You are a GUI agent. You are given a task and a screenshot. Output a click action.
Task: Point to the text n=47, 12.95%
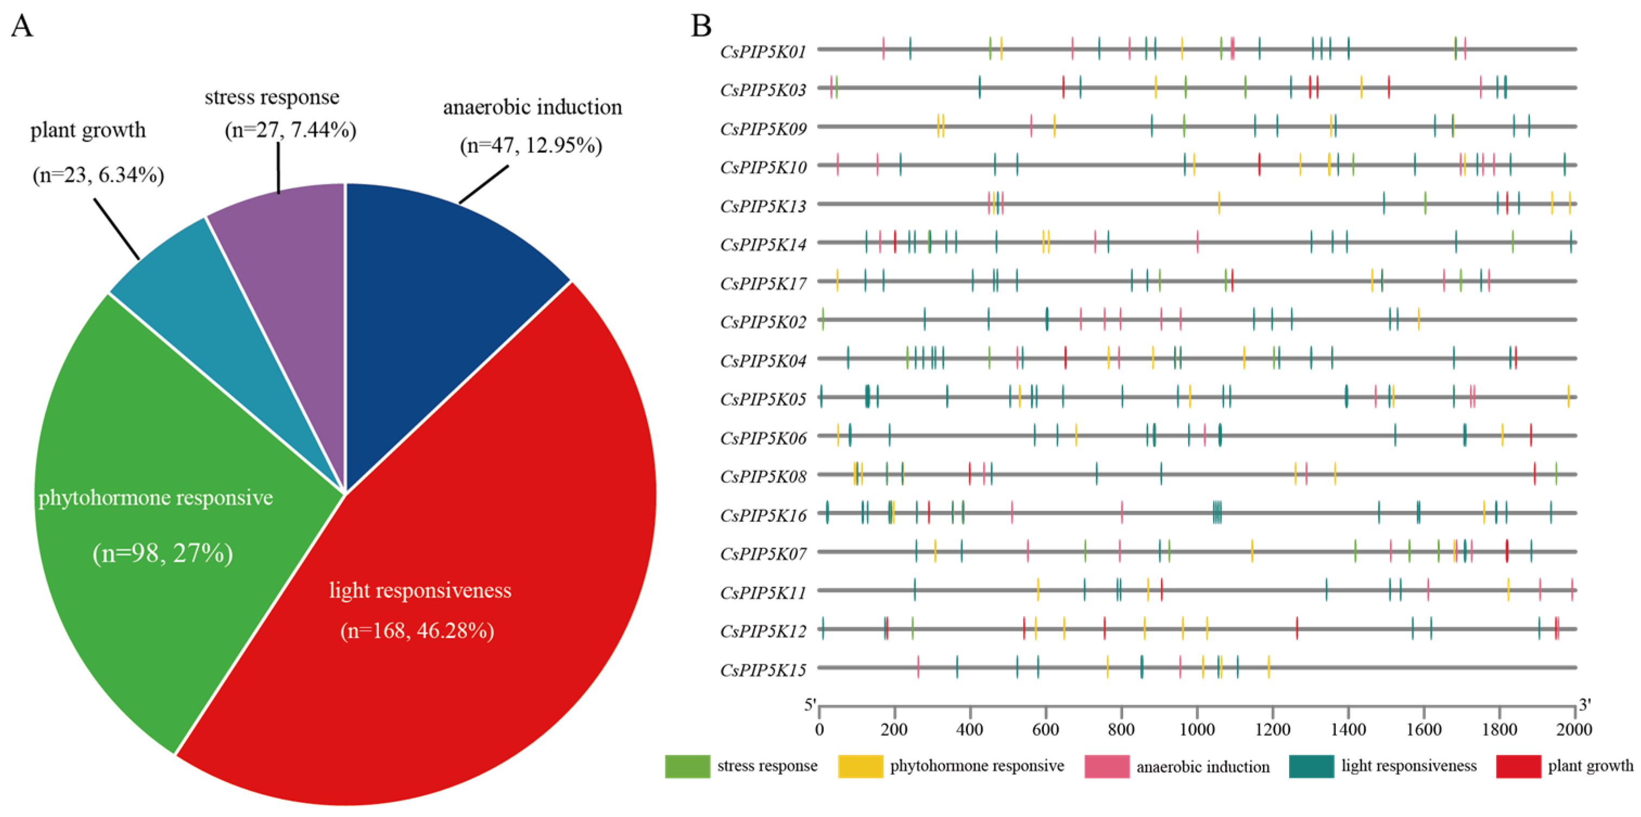[x=531, y=146]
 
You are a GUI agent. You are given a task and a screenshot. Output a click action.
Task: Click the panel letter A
[x=22, y=27]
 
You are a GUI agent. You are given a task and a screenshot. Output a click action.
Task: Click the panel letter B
[x=701, y=27]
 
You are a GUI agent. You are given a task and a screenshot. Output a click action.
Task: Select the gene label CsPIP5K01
[x=763, y=52]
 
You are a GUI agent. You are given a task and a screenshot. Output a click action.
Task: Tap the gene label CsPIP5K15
[x=763, y=670]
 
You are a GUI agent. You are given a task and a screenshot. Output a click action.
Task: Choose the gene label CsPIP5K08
[x=763, y=477]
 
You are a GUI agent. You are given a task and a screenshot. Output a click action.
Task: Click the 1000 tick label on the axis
[x=1197, y=729]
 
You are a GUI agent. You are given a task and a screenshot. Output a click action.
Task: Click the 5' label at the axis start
[x=810, y=705]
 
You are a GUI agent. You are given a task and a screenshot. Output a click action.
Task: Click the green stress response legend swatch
[x=687, y=766]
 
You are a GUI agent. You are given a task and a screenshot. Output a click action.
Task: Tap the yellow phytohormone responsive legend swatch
[x=861, y=766]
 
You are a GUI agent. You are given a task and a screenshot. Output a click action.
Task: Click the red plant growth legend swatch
[x=1518, y=766]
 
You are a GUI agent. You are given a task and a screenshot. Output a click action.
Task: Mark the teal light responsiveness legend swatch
[x=1311, y=766]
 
